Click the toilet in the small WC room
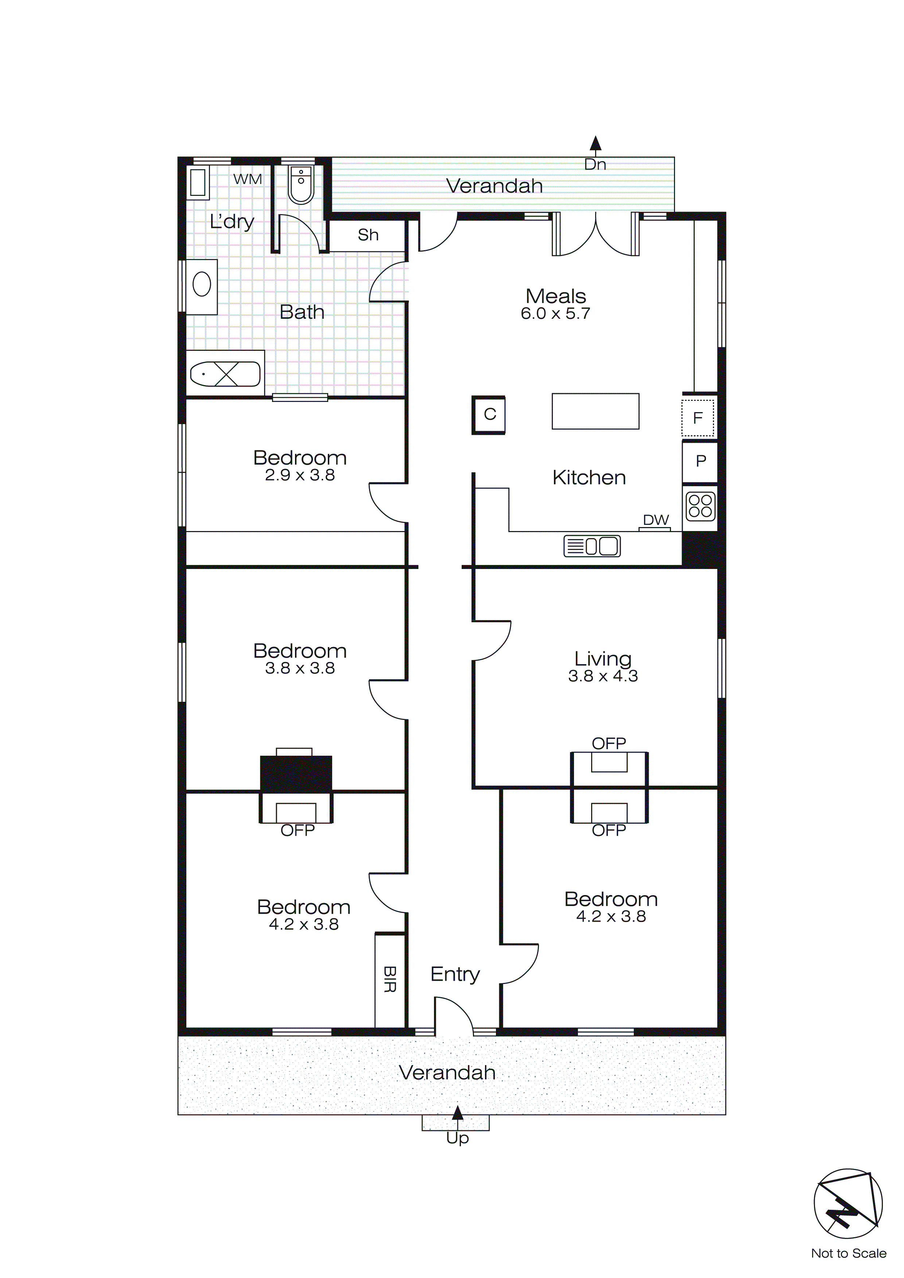[300, 185]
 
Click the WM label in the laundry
[247, 179]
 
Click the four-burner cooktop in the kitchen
[700, 506]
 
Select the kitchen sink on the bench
[592, 546]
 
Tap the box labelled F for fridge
[698, 418]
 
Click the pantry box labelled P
[700, 461]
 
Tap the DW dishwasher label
[656, 519]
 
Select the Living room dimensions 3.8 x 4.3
[603, 676]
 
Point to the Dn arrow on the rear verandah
[595, 144]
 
